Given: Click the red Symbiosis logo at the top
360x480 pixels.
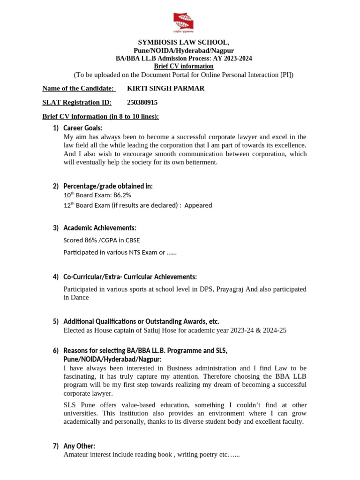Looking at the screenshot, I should (x=183, y=23).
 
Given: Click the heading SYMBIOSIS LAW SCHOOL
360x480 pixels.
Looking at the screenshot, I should (x=183, y=43).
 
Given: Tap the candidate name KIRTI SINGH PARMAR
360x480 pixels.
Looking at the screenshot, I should (x=165, y=88).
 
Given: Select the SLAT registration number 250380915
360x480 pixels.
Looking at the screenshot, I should (x=142, y=102).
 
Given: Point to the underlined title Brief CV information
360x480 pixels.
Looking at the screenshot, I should (x=183, y=66).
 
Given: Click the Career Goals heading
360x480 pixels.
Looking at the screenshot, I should (x=82, y=128).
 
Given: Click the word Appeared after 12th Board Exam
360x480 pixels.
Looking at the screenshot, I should (x=198, y=205).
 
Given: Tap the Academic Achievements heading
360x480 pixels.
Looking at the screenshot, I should (x=100, y=228).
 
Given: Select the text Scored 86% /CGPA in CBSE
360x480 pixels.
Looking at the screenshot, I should (x=101, y=240).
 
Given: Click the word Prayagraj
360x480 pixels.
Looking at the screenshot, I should (x=230, y=289).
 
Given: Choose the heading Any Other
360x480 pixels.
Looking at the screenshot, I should (x=79, y=446).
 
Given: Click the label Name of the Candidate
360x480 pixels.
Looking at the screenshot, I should (x=79, y=88).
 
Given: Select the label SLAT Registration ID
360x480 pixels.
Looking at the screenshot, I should (x=76, y=102).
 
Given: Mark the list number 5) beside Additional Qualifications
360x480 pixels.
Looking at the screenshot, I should (x=55, y=322).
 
